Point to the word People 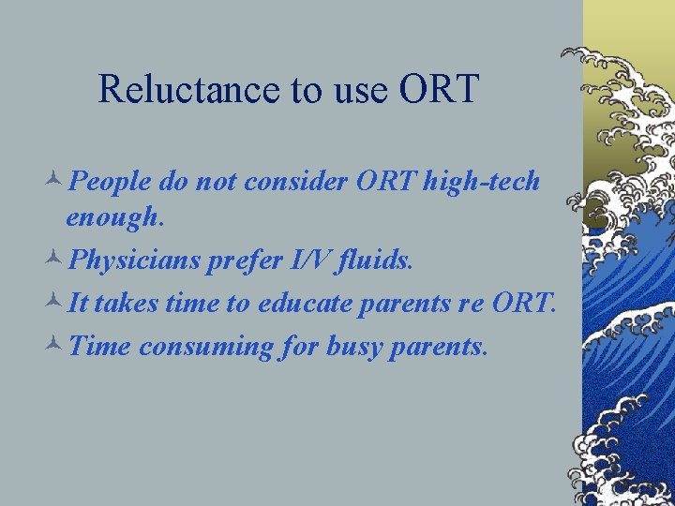tap(111, 181)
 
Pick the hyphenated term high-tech tap(481, 181)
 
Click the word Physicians tap(134, 260)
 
